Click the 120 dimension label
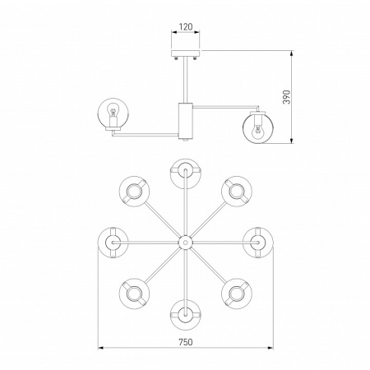point(186,26)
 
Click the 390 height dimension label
point(286,97)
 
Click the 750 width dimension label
point(186,342)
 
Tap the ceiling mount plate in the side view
point(186,53)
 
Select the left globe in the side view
point(113,113)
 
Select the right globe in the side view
point(258,127)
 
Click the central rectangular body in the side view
point(186,120)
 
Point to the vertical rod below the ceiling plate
point(186,80)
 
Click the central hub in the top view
point(186,243)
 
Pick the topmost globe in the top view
point(186,173)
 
